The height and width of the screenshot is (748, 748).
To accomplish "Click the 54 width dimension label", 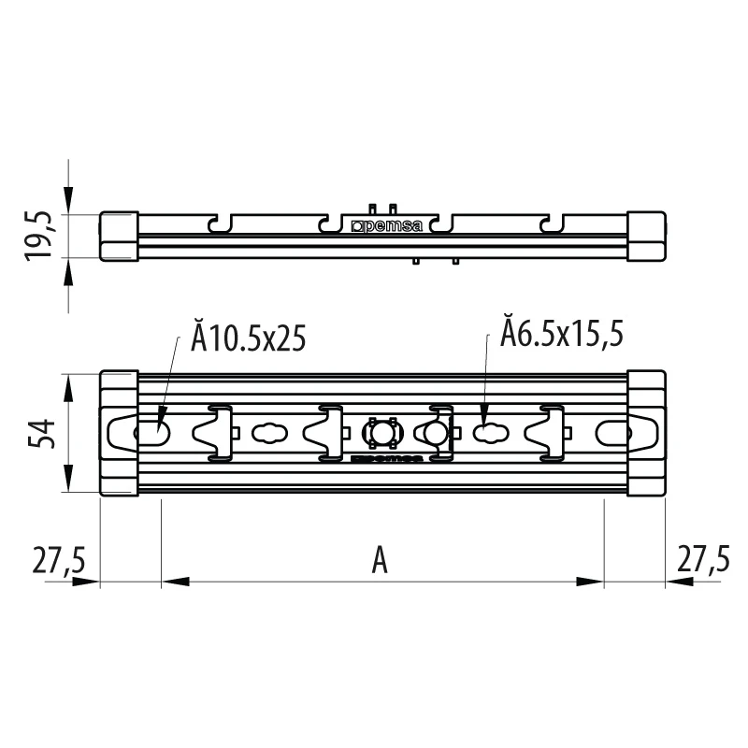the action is (x=41, y=434).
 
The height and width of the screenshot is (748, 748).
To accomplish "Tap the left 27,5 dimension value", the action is (x=59, y=559).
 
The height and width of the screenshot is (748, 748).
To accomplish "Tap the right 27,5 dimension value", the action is (x=703, y=558).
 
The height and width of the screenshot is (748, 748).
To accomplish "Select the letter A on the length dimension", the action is (x=380, y=560).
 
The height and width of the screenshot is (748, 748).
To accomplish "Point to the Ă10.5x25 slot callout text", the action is (x=248, y=337).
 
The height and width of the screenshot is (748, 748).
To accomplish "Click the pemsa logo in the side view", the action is (x=387, y=226).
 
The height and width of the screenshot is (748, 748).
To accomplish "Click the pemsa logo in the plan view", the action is (x=386, y=458).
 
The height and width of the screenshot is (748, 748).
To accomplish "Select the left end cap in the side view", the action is (x=120, y=237).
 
